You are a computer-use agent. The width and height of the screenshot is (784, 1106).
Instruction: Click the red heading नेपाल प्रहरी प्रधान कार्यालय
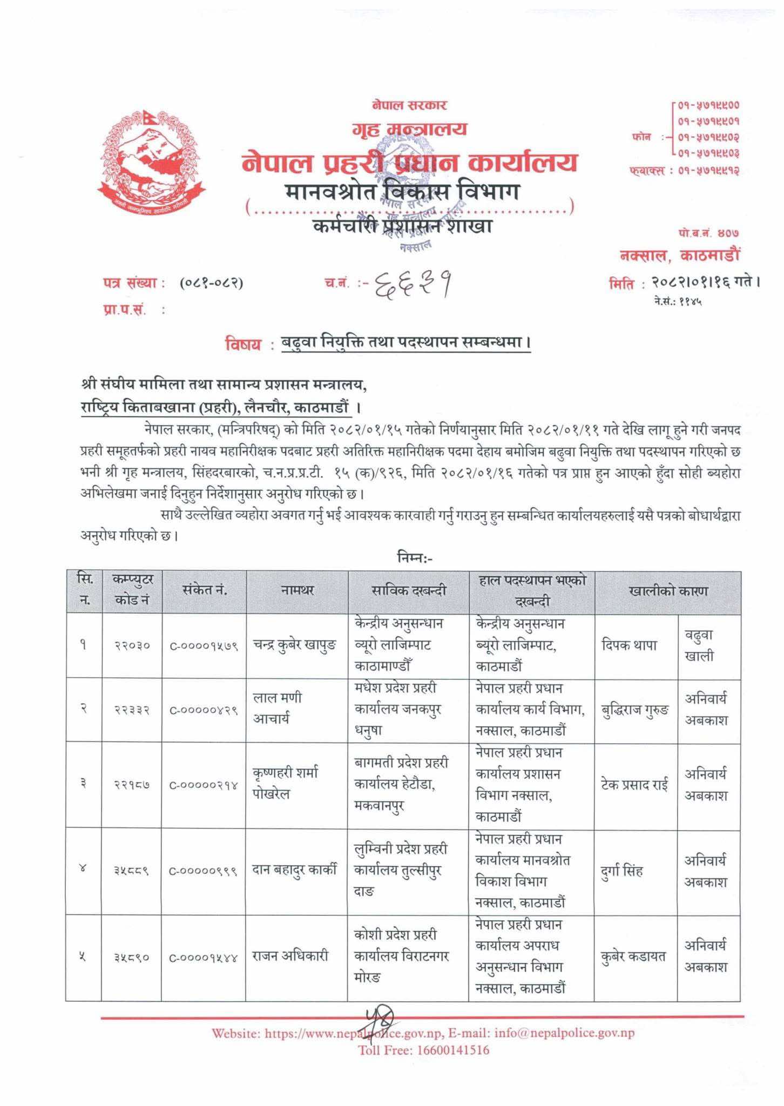coord(409,163)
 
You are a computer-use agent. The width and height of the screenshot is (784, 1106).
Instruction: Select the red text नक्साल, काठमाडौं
coord(679,255)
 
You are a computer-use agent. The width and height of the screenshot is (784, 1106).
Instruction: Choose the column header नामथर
coord(297,590)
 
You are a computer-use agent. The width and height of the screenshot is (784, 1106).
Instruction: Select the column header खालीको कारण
coord(667,591)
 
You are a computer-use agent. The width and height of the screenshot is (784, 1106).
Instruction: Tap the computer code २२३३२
coord(132,710)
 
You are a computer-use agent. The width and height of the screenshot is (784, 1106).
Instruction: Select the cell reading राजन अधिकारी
coord(290,956)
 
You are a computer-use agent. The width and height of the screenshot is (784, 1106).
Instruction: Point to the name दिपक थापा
coord(629,645)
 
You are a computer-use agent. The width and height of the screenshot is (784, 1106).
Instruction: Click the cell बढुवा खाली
coord(699,646)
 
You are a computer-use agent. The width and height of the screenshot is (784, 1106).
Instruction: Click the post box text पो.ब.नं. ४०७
coord(708,233)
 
